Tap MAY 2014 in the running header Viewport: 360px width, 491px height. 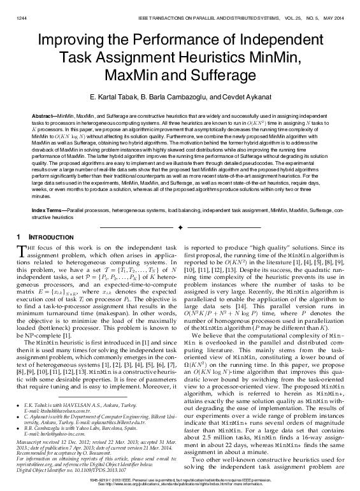pyautogui.click(x=333, y=8)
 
